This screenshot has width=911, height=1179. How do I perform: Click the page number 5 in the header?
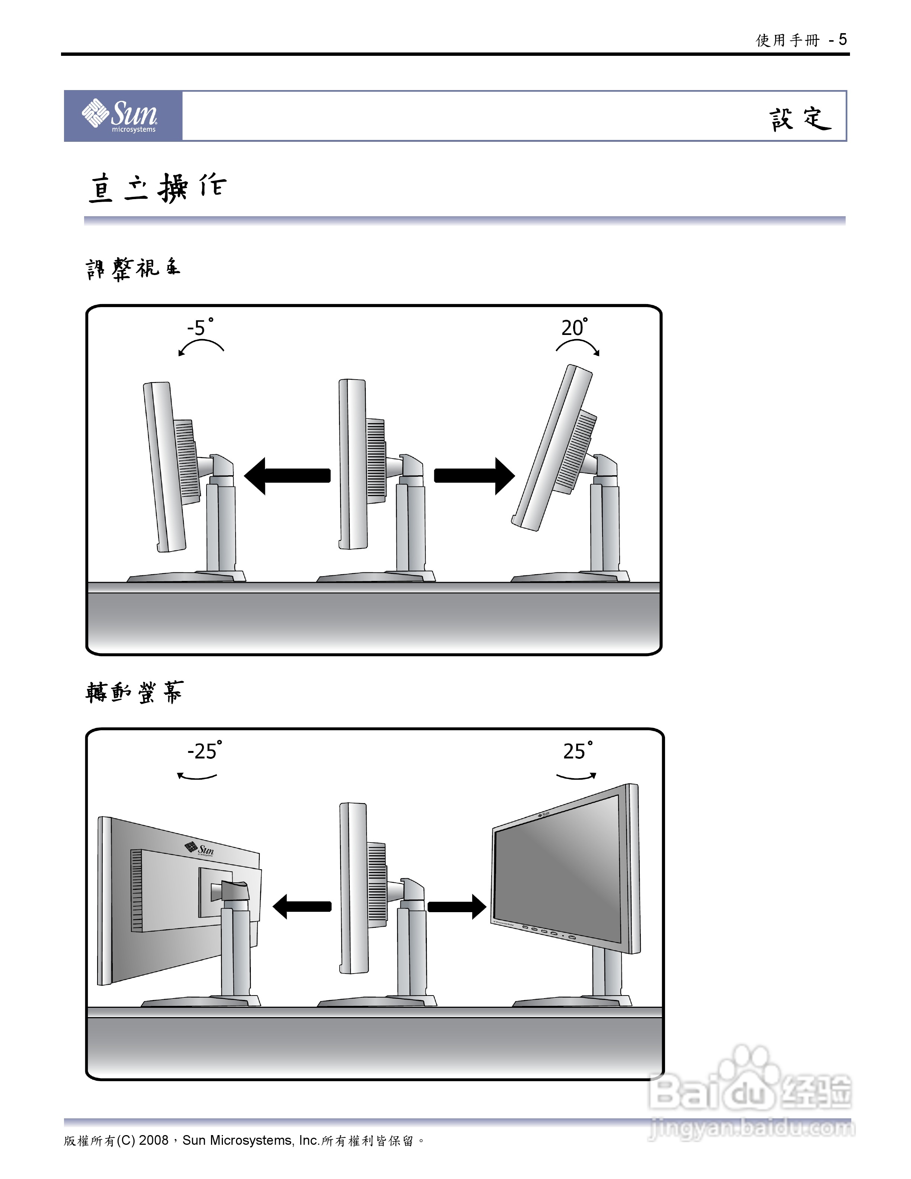[843, 39]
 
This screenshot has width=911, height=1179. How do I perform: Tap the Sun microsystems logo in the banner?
[120, 115]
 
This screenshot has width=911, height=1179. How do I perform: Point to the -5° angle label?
[200, 327]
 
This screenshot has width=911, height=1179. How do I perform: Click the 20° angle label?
[574, 327]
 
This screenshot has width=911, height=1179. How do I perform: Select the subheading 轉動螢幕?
[134, 692]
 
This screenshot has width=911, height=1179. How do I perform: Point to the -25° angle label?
[204, 751]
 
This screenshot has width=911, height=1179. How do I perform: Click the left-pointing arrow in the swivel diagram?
[302, 906]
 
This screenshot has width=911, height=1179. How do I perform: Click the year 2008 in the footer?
[154, 1141]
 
